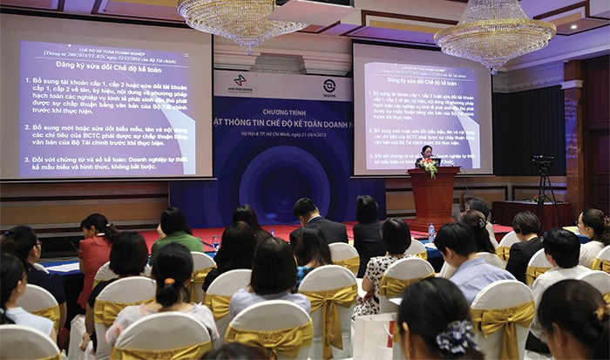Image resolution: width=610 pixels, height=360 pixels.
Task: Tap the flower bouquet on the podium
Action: click(x=430, y=168)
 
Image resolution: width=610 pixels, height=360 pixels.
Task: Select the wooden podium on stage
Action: click(x=433, y=196)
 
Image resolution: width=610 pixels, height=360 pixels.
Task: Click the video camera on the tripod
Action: click(x=543, y=163)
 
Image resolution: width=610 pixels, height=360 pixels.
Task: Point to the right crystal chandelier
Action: click(x=494, y=35)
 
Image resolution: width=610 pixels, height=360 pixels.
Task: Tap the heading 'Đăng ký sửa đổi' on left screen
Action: click(x=105, y=64)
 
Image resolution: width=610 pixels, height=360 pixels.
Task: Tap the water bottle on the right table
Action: click(x=430, y=232)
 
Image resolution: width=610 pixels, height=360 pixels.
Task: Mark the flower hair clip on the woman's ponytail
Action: click(x=459, y=336)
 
